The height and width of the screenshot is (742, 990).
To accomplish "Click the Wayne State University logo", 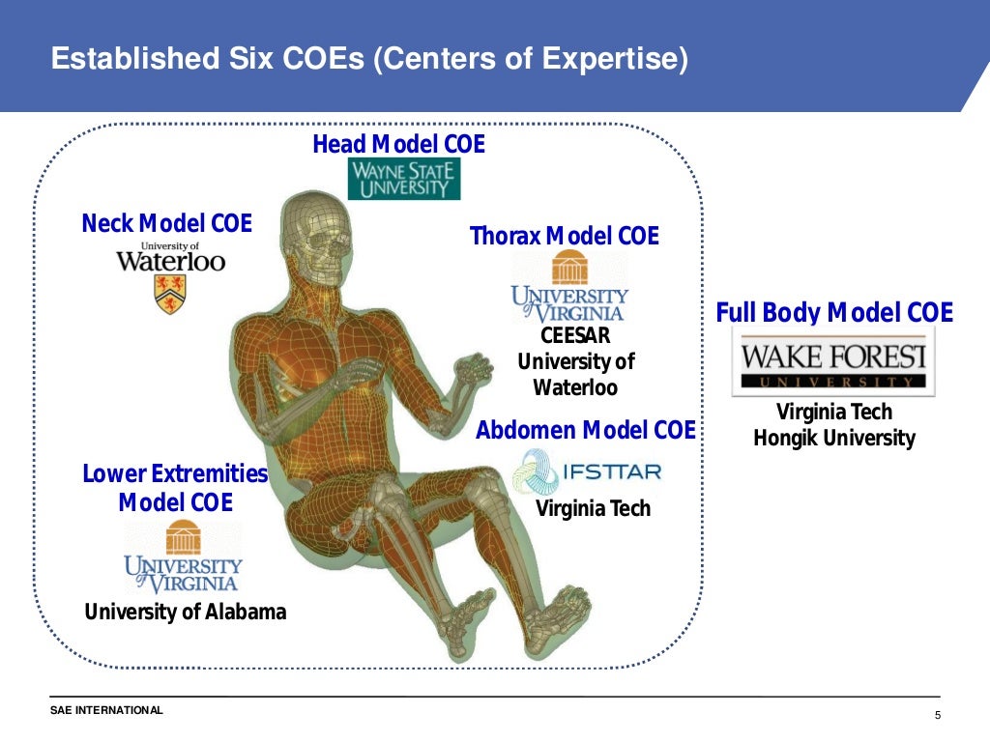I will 403,179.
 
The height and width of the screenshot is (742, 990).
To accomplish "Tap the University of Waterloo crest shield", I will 170,294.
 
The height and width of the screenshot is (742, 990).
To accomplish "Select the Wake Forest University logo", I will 833,361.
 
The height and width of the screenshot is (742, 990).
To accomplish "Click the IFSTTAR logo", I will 587,471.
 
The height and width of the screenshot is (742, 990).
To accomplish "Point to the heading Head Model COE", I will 398,145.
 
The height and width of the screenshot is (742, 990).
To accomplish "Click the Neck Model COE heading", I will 166,224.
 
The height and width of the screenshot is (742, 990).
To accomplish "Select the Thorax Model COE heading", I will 564,236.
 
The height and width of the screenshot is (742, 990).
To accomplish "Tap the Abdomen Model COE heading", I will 585,430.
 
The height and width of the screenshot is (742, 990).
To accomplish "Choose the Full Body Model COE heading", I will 834,313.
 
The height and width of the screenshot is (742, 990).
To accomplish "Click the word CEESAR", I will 575,336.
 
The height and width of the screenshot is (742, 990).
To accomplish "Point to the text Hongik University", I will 833,438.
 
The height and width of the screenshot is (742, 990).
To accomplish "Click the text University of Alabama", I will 185,612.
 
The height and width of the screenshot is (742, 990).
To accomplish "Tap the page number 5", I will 937,715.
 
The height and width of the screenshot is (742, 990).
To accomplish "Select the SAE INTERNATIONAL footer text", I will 106,711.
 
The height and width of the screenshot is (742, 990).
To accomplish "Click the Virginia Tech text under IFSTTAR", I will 593,508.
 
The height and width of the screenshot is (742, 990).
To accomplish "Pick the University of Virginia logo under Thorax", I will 568,287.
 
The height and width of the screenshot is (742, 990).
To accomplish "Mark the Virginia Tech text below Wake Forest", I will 834,413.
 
